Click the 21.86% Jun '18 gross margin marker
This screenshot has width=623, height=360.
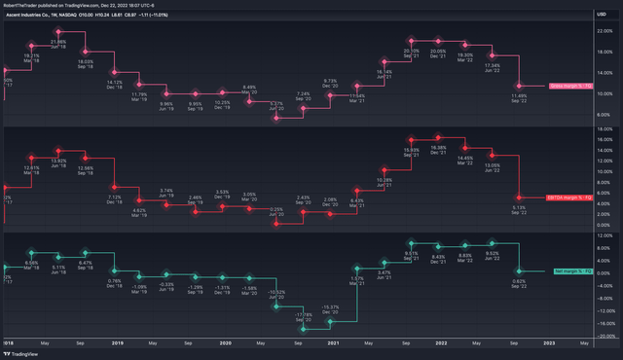tap(58, 33)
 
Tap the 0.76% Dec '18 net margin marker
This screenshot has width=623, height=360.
tap(114, 272)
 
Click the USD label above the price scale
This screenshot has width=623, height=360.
tap(604, 15)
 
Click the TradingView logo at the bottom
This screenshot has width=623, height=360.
tap(19, 354)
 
